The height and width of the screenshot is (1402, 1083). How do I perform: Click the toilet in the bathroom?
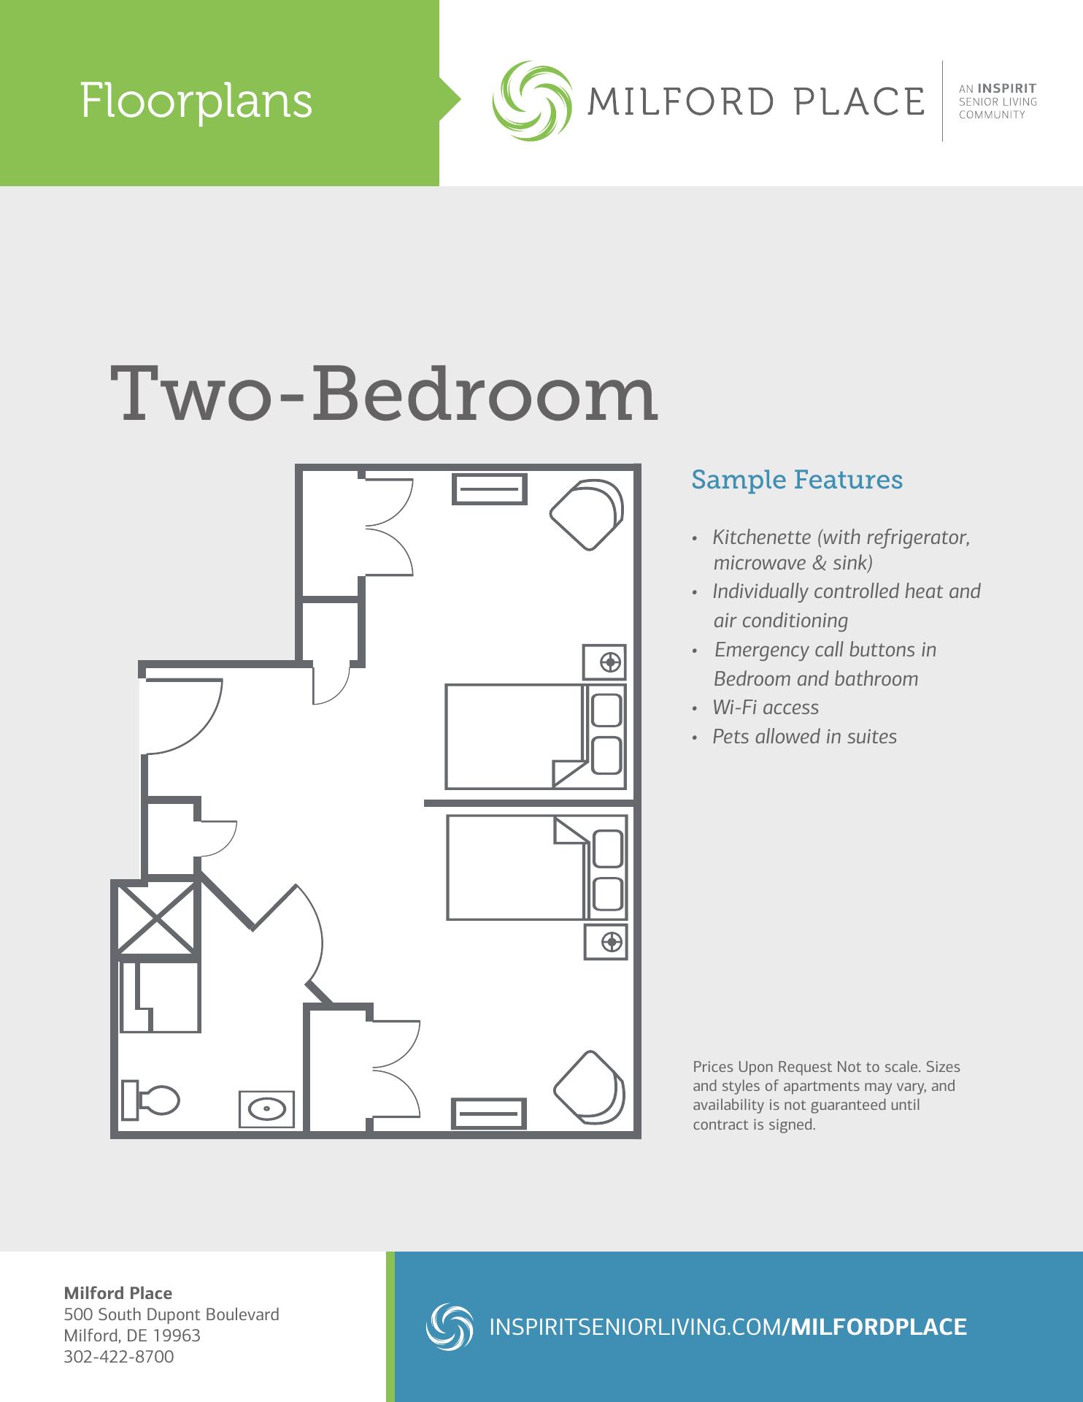[152, 1100]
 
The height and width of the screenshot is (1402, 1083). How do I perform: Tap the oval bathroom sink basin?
[267, 1108]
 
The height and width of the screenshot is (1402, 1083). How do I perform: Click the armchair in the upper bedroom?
[587, 512]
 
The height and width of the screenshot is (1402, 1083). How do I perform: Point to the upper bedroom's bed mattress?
[514, 736]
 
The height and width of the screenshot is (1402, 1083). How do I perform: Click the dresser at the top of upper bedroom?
[490, 489]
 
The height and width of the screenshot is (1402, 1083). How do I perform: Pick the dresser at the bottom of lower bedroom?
[489, 1113]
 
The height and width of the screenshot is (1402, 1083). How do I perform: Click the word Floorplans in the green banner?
[196, 101]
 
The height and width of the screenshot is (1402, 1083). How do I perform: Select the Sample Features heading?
[797, 480]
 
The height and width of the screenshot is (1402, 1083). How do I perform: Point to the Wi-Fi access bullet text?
[766, 708]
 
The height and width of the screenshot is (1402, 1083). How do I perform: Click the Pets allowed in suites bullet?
[804, 737]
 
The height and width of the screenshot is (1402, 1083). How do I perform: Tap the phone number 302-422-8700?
[119, 1357]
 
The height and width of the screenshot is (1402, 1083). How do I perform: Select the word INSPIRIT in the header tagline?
[1007, 89]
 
